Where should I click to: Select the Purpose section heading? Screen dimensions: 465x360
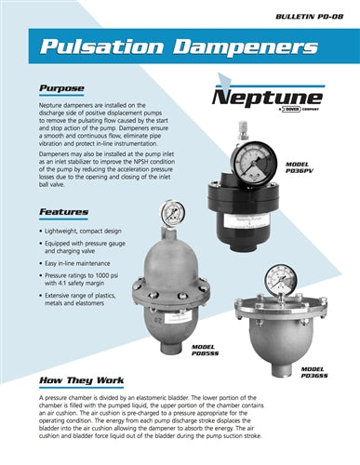coord(61,90)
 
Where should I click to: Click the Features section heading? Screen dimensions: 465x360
coord(63,212)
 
